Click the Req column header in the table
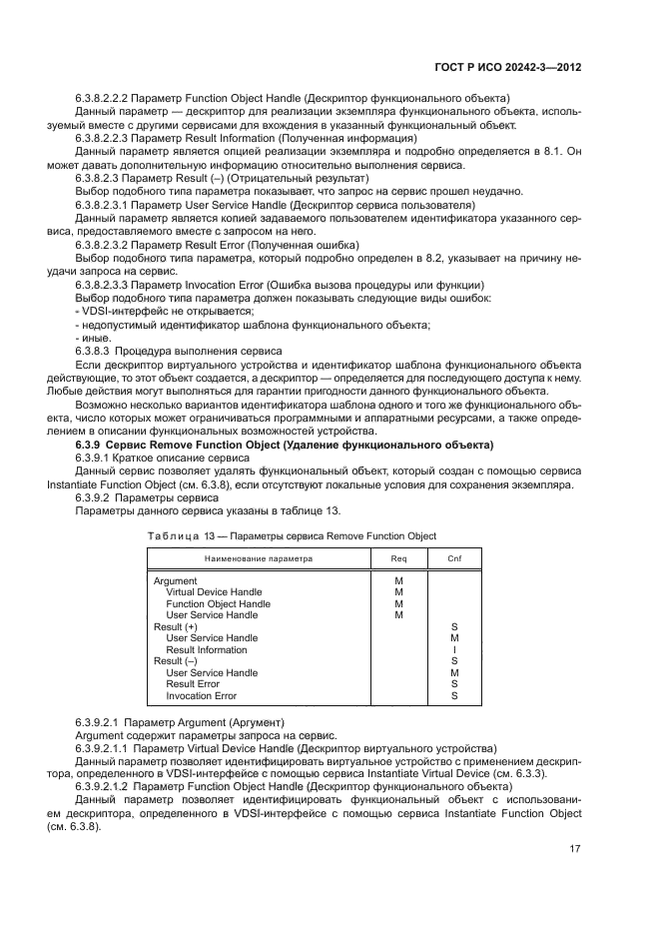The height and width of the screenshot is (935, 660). click(x=398, y=558)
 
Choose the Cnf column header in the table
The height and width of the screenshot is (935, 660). click(x=453, y=558)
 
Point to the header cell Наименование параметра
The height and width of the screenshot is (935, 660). click(x=259, y=558)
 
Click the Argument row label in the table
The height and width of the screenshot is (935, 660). click(x=176, y=580)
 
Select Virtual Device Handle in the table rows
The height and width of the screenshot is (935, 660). click(x=214, y=592)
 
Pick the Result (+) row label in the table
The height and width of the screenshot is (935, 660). click(x=176, y=626)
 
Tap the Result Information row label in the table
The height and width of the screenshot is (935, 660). click(x=207, y=649)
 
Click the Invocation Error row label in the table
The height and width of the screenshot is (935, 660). click(x=202, y=695)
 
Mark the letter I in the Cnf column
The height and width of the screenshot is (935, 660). click(x=454, y=649)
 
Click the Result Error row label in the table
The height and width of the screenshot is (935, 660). click(x=193, y=684)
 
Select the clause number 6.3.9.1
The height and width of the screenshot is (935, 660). click(x=97, y=456)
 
